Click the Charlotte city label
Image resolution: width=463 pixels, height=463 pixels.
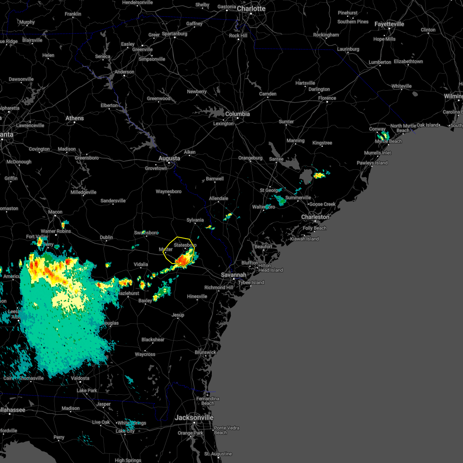point(251,8)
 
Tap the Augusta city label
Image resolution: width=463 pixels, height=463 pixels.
point(169,158)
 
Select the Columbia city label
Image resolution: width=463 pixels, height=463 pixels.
point(237,114)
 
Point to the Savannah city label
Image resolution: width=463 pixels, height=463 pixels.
point(233,275)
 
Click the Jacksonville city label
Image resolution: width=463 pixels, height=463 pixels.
point(194,417)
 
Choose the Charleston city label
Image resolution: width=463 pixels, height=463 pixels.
point(315,217)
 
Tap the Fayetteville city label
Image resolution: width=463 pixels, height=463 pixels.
point(389,24)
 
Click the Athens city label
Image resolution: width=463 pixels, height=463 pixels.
point(74,118)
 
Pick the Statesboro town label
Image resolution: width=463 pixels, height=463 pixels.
point(185,245)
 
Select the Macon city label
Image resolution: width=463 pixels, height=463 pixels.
point(55,212)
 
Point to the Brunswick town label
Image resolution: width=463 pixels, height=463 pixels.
point(205,352)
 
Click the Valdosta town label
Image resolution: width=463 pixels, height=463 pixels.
point(80,378)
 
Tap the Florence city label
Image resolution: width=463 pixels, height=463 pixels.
point(327,98)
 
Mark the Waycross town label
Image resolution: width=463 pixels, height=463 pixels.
point(145,354)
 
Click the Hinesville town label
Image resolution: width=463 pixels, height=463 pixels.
point(197,296)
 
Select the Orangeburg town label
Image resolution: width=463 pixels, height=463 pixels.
point(250,158)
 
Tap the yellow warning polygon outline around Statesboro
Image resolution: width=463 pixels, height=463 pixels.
point(177,237)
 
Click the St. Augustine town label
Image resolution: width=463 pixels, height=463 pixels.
point(218,454)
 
